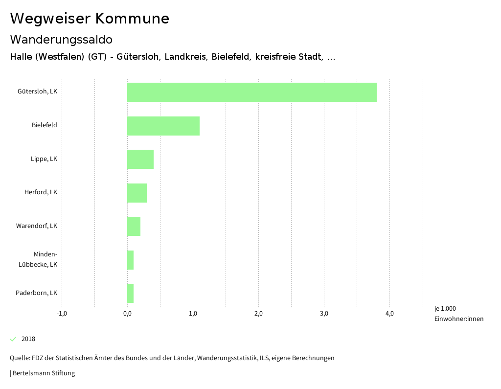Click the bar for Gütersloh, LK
(251, 92)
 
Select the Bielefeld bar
(163, 126)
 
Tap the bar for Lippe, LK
(140, 159)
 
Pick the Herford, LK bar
(137, 193)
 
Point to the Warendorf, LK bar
(134, 226)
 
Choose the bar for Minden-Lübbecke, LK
(130, 260)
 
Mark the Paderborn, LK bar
(130, 293)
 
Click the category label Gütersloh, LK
(37, 92)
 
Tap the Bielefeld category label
(45, 125)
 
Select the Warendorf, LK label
(37, 226)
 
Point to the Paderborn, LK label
(37, 293)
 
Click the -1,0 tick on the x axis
(62, 314)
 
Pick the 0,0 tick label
(127, 314)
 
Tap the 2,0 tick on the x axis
(258, 314)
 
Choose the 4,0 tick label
(389, 314)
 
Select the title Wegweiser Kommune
(90, 19)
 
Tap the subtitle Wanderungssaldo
(61, 39)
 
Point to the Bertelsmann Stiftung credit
(43, 373)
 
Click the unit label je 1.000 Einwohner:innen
(458, 314)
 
